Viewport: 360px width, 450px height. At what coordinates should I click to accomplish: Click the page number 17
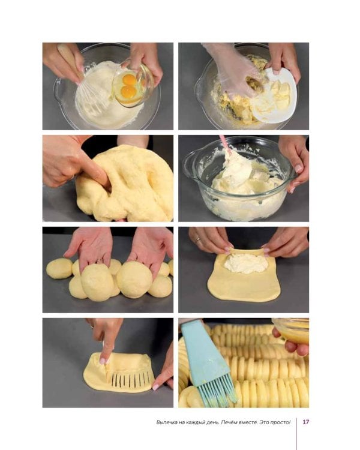(x=306, y=422)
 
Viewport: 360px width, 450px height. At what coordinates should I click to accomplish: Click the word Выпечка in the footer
(x=166, y=422)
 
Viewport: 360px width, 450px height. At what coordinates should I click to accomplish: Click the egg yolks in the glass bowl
(x=129, y=86)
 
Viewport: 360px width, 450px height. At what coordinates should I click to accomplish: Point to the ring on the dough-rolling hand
(x=199, y=239)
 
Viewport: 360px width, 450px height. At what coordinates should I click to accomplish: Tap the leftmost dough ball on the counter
(x=59, y=268)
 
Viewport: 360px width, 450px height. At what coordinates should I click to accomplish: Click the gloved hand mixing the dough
(x=234, y=69)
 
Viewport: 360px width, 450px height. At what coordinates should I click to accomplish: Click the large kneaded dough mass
(x=127, y=184)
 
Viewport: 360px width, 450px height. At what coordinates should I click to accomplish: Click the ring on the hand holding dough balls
(x=100, y=261)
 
